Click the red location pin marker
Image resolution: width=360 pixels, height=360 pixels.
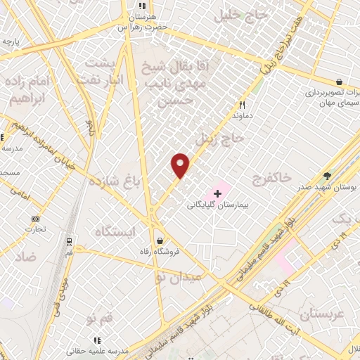tap(181, 165)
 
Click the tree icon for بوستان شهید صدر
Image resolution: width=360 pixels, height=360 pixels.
tap(327, 176)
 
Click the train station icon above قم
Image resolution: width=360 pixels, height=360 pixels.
tap(69, 240)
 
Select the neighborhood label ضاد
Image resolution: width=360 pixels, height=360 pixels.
tap(24, 257)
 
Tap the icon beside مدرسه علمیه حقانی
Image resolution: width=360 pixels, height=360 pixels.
tap(97, 340)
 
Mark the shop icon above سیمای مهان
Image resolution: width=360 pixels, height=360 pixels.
tap(339, 82)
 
